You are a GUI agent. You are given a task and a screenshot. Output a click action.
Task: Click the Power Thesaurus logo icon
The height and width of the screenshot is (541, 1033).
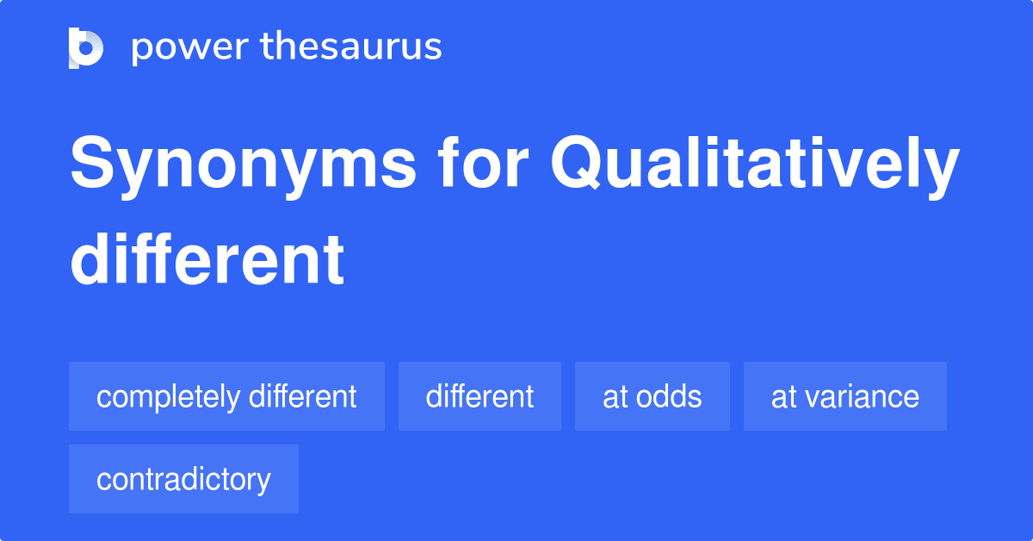coord(86,47)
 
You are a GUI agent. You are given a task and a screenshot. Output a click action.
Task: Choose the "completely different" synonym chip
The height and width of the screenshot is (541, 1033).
coord(226,396)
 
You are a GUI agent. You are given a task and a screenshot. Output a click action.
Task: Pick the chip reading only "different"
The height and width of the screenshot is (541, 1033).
coord(479,396)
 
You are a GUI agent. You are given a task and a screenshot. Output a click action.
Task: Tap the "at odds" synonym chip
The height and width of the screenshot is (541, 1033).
coord(652,396)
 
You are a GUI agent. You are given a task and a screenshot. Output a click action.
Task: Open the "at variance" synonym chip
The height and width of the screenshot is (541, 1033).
coord(844,396)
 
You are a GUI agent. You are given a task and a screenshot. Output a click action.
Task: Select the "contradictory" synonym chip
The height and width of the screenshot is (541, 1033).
coord(183,479)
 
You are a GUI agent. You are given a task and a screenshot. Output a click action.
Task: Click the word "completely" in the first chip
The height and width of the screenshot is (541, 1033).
coord(168,397)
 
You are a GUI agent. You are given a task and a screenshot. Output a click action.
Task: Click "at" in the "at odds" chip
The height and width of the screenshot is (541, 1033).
coord(615,397)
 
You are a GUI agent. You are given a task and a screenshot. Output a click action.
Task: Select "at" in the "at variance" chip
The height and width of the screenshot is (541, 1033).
coord(783,397)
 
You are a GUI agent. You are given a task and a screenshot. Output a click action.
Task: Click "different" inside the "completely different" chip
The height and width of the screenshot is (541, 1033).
coord(302,396)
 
